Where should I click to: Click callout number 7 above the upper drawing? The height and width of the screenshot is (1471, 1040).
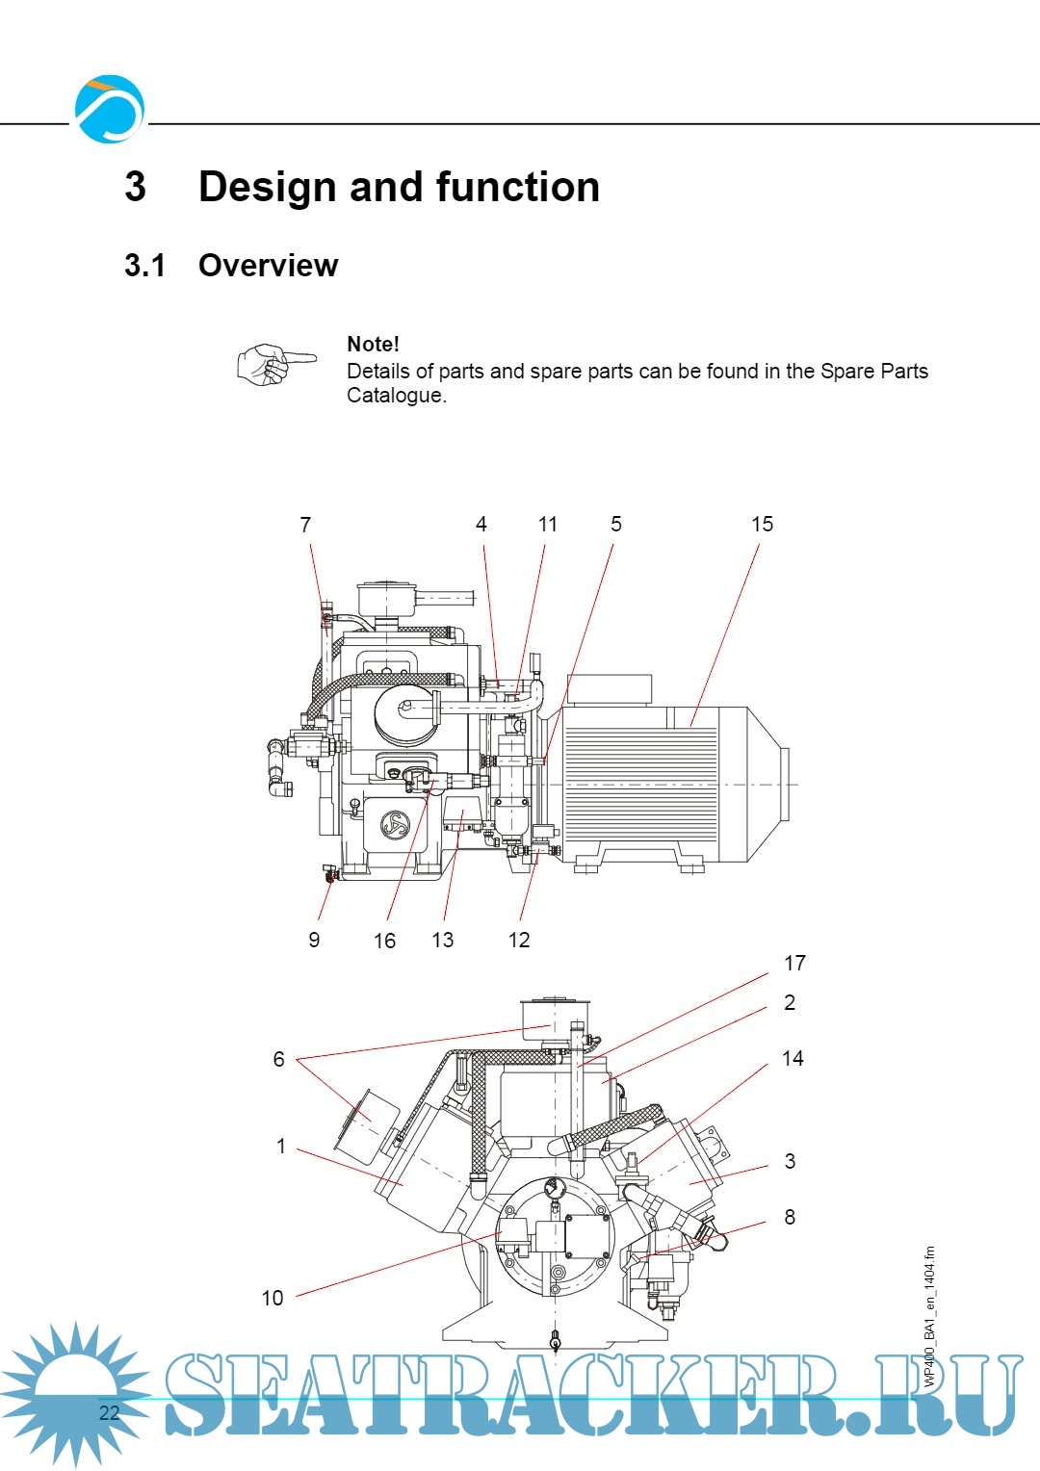tap(305, 525)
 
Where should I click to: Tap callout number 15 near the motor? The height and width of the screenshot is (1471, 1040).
tap(762, 524)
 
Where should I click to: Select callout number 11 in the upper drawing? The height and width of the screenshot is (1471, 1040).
tap(548, 524)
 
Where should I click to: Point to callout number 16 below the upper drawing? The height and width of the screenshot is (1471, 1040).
tap(384, 941)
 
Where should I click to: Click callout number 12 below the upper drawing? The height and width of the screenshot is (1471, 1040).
tap(519, 940)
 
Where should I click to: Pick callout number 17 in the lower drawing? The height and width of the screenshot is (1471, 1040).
tap(794, 963)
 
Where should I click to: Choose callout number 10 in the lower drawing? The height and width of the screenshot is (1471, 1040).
tap(273, 1298)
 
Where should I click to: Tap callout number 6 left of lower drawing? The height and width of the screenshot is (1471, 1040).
tap(278, 1059)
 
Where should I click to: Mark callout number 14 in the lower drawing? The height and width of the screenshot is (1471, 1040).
tap(793, 1058)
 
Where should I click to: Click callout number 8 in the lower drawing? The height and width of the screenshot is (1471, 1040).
tap(790, 1217)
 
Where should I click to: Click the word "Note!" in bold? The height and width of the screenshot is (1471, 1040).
tap(373, 344)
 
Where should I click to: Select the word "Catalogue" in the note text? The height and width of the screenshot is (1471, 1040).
tap(395, 396)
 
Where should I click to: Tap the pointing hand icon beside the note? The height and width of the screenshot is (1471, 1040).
tap(276, 364)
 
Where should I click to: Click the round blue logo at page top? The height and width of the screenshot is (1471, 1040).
tap(110, 110)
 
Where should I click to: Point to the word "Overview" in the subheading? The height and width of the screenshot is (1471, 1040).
tap(268, 265)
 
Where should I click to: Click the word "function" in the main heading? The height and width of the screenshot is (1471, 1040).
tap(517, 187)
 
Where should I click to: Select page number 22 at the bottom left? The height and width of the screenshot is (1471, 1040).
tap(109, 1412)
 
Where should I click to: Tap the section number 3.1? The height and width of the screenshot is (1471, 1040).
tap(144, 265)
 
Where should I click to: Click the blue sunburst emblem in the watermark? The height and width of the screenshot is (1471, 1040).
tap(73, 1394)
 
